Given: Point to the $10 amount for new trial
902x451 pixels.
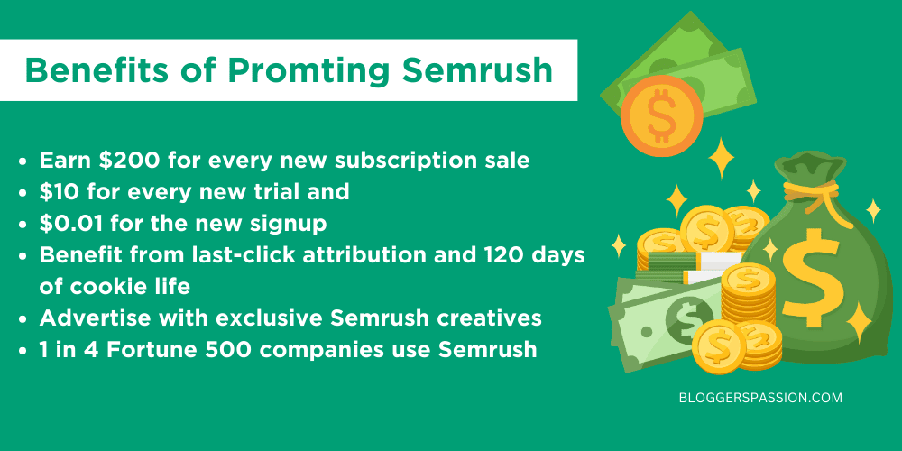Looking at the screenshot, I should tap(60, 192).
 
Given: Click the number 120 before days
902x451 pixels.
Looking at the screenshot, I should tap(492, 254).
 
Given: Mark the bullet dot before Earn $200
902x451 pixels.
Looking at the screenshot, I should tap(24, 161).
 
